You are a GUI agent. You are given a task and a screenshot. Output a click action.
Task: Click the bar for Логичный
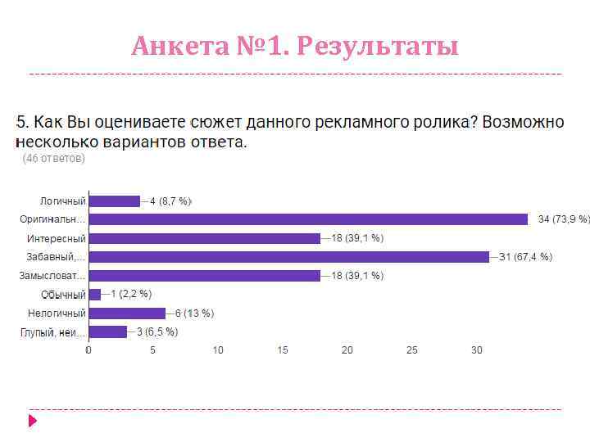point(114,201)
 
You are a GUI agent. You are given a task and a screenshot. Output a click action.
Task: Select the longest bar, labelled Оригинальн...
point(308,219)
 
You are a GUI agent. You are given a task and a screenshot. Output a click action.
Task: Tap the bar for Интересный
point(204,238)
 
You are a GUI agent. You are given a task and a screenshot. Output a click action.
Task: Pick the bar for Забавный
point(288,257)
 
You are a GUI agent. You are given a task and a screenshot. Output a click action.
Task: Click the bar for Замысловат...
point(204,276)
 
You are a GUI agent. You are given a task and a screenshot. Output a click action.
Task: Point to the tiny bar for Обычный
point(95,294)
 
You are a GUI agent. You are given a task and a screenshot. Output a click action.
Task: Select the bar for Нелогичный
point(127,313)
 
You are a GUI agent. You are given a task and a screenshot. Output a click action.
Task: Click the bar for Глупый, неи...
point(108,331)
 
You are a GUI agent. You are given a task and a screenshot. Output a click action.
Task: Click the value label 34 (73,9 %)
point(564,219)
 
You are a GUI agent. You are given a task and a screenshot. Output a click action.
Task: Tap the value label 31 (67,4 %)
point(526,257)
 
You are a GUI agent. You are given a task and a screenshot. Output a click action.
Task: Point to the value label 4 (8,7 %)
point(170,201)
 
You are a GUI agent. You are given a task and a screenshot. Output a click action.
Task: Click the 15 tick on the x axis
point(283,350)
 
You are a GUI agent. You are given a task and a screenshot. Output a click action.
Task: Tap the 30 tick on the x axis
point(476,350)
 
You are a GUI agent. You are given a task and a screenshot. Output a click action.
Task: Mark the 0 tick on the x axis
point(88,350)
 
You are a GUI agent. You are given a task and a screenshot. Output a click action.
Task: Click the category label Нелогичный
point(57,313)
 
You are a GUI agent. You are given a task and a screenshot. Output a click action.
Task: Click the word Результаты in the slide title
point(378,47)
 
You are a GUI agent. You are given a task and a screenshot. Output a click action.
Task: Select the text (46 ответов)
point(53,159)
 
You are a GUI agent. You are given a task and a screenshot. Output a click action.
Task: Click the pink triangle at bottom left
point(33,421)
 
